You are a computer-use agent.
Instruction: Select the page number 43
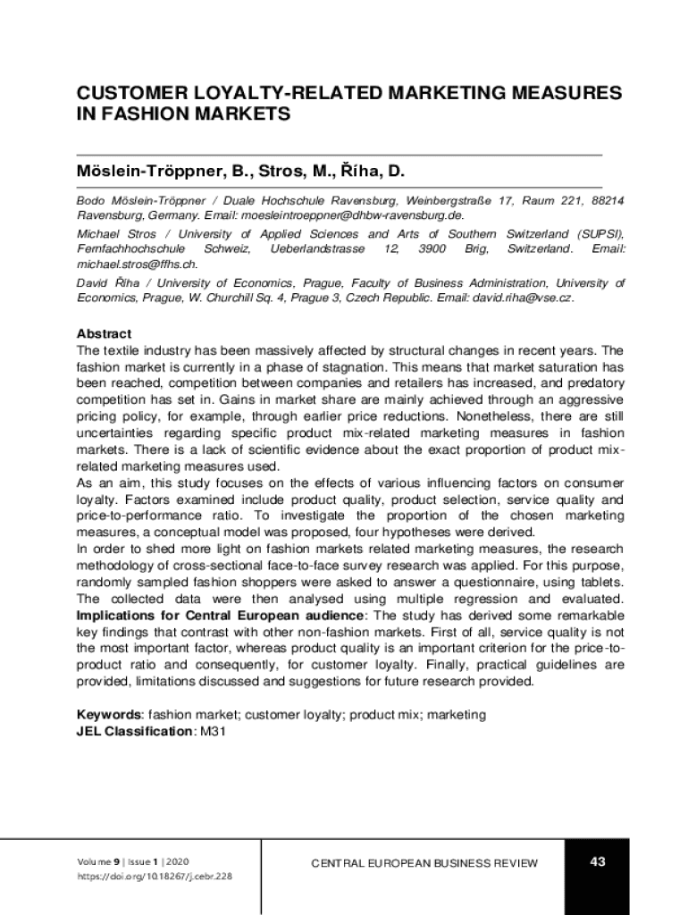(598, 861)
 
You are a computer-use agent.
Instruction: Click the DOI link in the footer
(155, 877)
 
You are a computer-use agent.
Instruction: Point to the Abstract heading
(104, 333)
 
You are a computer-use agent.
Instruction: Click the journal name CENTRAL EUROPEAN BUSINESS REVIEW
(424, 863)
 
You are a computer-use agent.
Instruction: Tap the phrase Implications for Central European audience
(220, 616)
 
